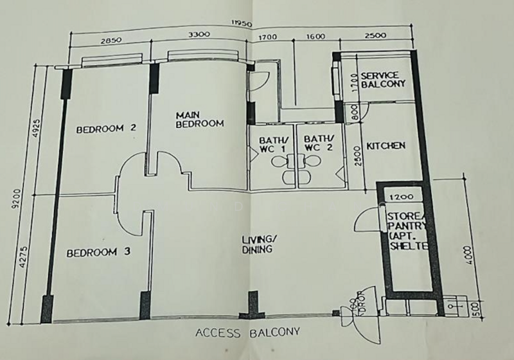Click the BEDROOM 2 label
[x=106, y=128]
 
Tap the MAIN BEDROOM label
[x=199, y=119]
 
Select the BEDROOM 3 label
[x=99, y=253]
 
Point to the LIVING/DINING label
[x=258, y=244]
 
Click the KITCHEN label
[x=385, y=146]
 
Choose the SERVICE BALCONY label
[x=382, y=80]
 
